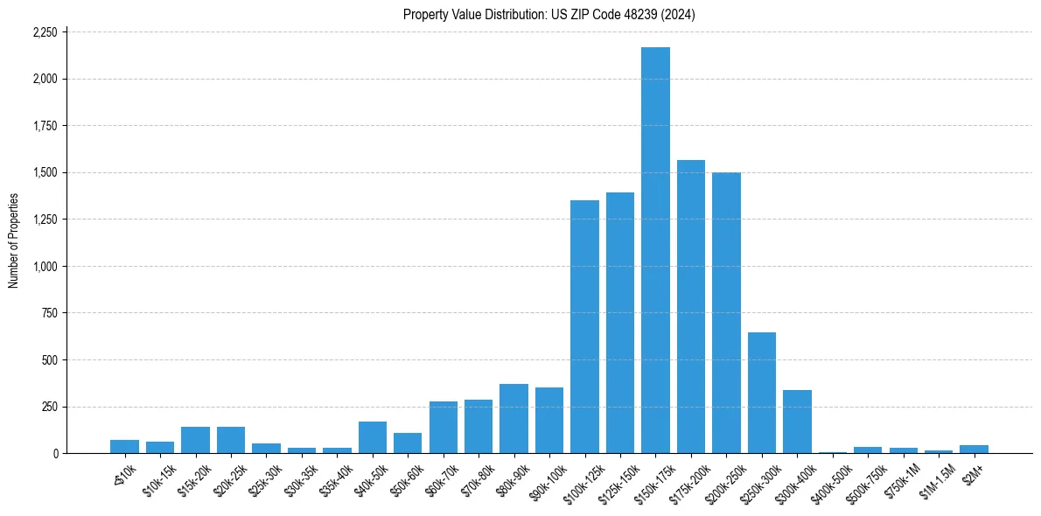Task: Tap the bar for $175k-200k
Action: [x=691, y=306]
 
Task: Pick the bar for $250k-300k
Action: [x=762, y=393]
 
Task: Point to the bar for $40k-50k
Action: [x=373, y=437]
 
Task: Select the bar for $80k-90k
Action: [x=514, y=418]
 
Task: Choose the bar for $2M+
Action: [x=974, y=449]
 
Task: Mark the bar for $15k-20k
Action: [x=195, y=440]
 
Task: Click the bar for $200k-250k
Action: [x=726, y=312]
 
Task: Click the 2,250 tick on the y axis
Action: [x=45, y=32]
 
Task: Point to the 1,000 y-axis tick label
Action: [x=45, y=267]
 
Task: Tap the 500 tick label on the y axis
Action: [x=50, y=360]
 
